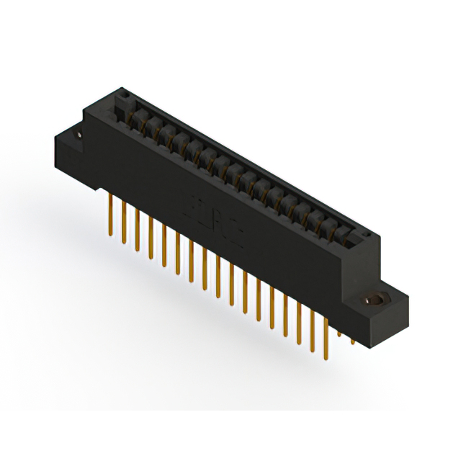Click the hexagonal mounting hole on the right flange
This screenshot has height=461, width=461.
coord(373,299)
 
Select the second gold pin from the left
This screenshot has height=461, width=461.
coord(123,220)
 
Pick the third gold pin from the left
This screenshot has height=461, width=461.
coord(137,230)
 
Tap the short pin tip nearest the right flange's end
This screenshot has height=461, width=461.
coord(352,339)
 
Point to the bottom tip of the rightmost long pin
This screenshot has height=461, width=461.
coord(326,357)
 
